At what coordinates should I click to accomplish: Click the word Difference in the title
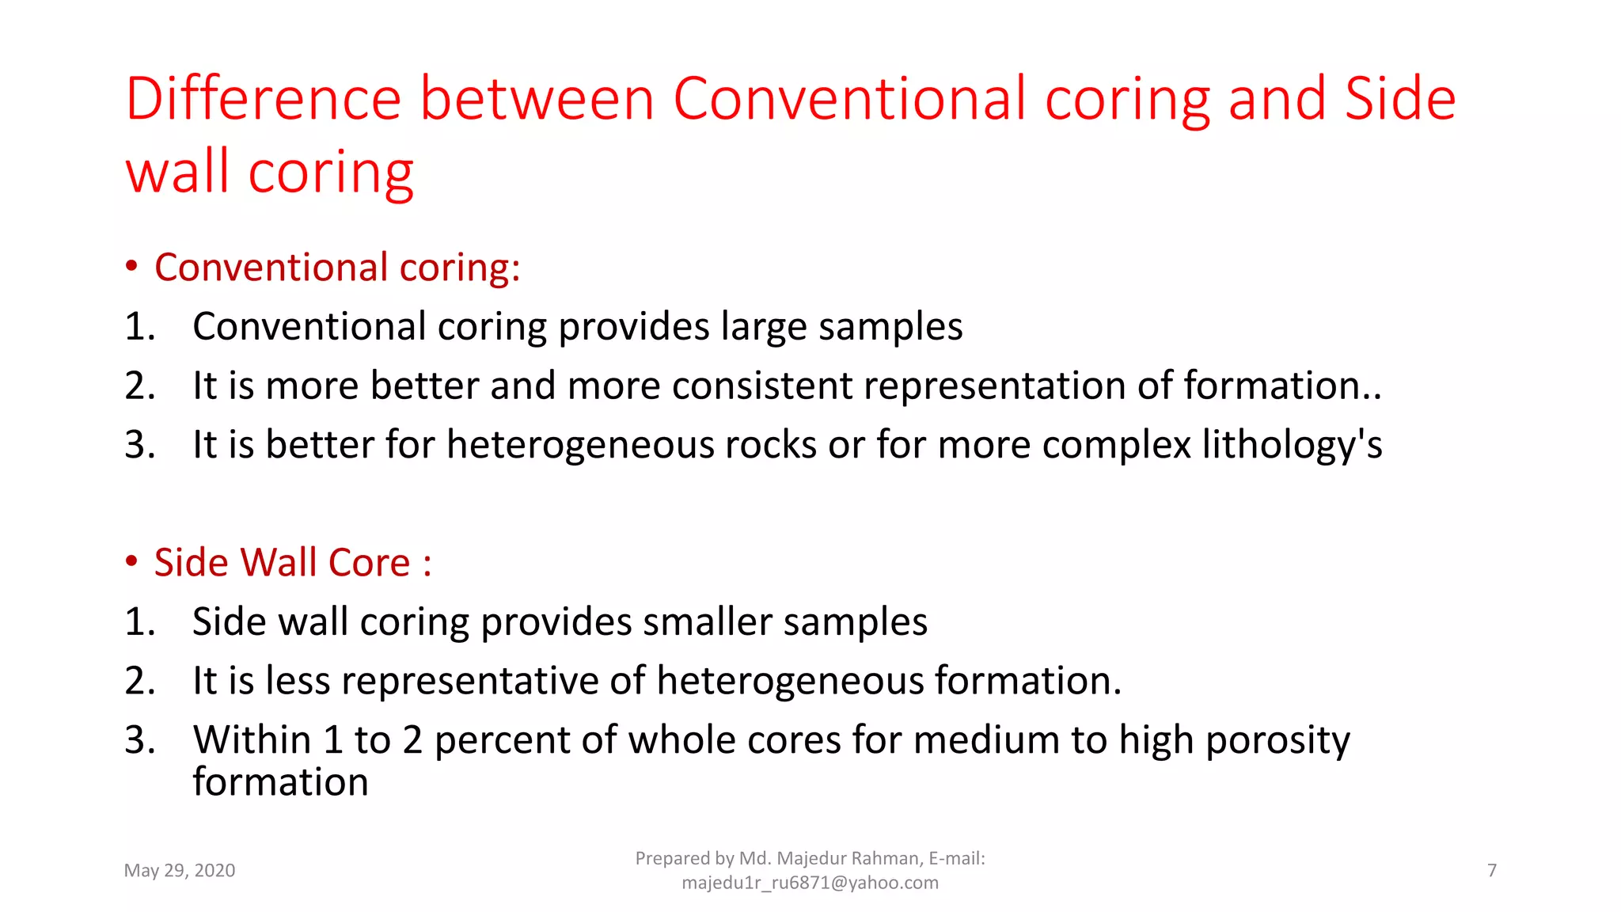point(264,99)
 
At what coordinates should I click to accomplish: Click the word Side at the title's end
point(1400,99)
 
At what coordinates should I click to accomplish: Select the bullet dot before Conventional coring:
point(131,266)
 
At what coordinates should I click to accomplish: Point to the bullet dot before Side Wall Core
point(131,561)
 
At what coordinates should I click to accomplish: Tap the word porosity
point(1277,741)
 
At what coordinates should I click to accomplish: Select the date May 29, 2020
point(180,871)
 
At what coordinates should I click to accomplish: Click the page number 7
point(1492,871)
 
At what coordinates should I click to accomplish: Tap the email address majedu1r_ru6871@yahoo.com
point(810,883)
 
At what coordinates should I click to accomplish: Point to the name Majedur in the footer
point(809,859)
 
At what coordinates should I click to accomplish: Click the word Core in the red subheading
point(369,563)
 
